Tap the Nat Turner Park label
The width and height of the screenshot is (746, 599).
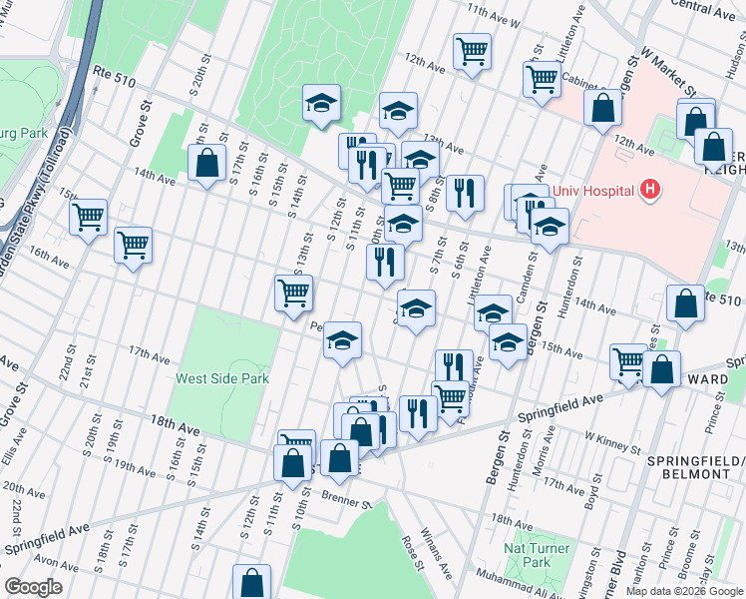(537, 555)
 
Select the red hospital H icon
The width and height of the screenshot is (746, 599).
(650, 188)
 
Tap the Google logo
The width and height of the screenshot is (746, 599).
(34, 587)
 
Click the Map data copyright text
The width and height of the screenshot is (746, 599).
(685, 591)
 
